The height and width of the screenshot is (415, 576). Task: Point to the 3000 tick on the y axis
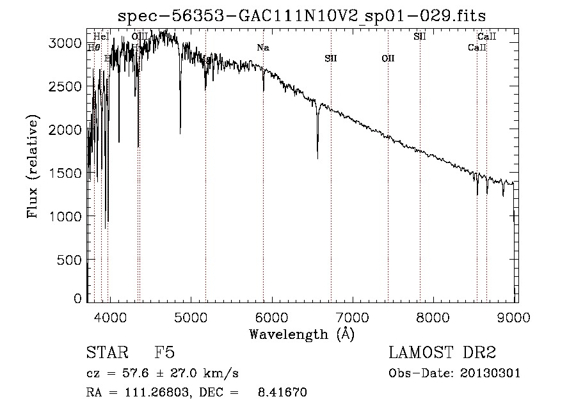click(66, 43)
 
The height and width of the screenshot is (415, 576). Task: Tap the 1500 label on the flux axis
click(66, 173)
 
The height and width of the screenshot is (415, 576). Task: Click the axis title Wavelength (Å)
click(301, 333)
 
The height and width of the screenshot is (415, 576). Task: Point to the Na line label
click(262, 47)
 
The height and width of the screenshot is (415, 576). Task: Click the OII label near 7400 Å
click(388, 58)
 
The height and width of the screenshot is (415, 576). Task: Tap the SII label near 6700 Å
click(330, 58)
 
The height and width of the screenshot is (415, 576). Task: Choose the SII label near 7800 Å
click(420, 36)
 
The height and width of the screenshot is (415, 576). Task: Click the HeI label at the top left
click(101, 36)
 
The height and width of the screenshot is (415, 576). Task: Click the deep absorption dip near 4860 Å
click(180, 132)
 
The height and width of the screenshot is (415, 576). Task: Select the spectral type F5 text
click(164, 353)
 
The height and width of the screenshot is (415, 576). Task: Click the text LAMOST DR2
click(442, 353)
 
